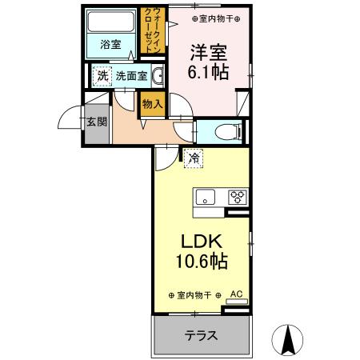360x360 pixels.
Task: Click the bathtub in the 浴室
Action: click(x=111, y=22)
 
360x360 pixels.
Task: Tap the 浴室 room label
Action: click(x=110, y=45)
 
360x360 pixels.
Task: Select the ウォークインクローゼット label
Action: click(x=153, y=30)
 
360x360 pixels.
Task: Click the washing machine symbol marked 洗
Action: click(x=102, y=76)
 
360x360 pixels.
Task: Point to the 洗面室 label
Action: click(x=131, y=76)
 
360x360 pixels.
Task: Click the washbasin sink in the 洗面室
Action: click(x=158, y=76)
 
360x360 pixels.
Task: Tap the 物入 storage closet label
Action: click(x=152, y=104)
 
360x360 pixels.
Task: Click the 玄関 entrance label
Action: click(x=97, y=122)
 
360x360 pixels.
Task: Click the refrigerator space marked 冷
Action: click(x=194, y=158)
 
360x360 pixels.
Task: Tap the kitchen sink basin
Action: click(x=206, y=197)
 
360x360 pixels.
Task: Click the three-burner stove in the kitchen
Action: click(x=238, y=197)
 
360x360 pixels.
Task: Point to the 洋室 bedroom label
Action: click(x=209, y=52)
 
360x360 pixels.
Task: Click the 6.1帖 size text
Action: click(x=208, y=72)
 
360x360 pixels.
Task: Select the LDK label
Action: click(x=202, y=242)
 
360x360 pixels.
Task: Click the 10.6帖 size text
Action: click(x=202, y=261)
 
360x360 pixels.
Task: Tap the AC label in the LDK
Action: click(x=237, y=294)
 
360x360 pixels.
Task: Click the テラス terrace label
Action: click(x=202, y=335)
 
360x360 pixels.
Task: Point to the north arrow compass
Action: click(x=287, y=340)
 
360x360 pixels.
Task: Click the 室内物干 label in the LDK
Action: click(x=194, y=295)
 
